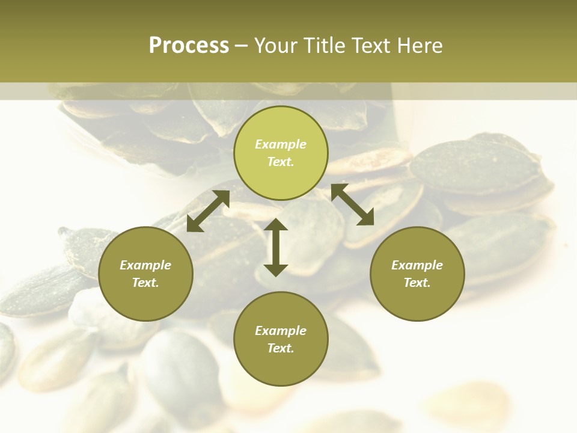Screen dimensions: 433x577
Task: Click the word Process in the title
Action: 189,46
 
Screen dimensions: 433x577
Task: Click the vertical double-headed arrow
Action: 276,247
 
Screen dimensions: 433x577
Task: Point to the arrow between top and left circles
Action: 208,210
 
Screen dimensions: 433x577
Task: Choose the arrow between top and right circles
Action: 352,204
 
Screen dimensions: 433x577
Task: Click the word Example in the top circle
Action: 281,144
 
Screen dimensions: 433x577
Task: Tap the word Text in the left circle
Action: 145,283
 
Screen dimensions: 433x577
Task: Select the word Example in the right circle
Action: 417,265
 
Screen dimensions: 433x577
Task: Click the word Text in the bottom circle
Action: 281,348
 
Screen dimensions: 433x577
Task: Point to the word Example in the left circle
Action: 145,265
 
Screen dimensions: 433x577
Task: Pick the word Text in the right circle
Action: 417,283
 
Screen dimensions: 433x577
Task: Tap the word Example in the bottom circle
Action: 281,331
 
